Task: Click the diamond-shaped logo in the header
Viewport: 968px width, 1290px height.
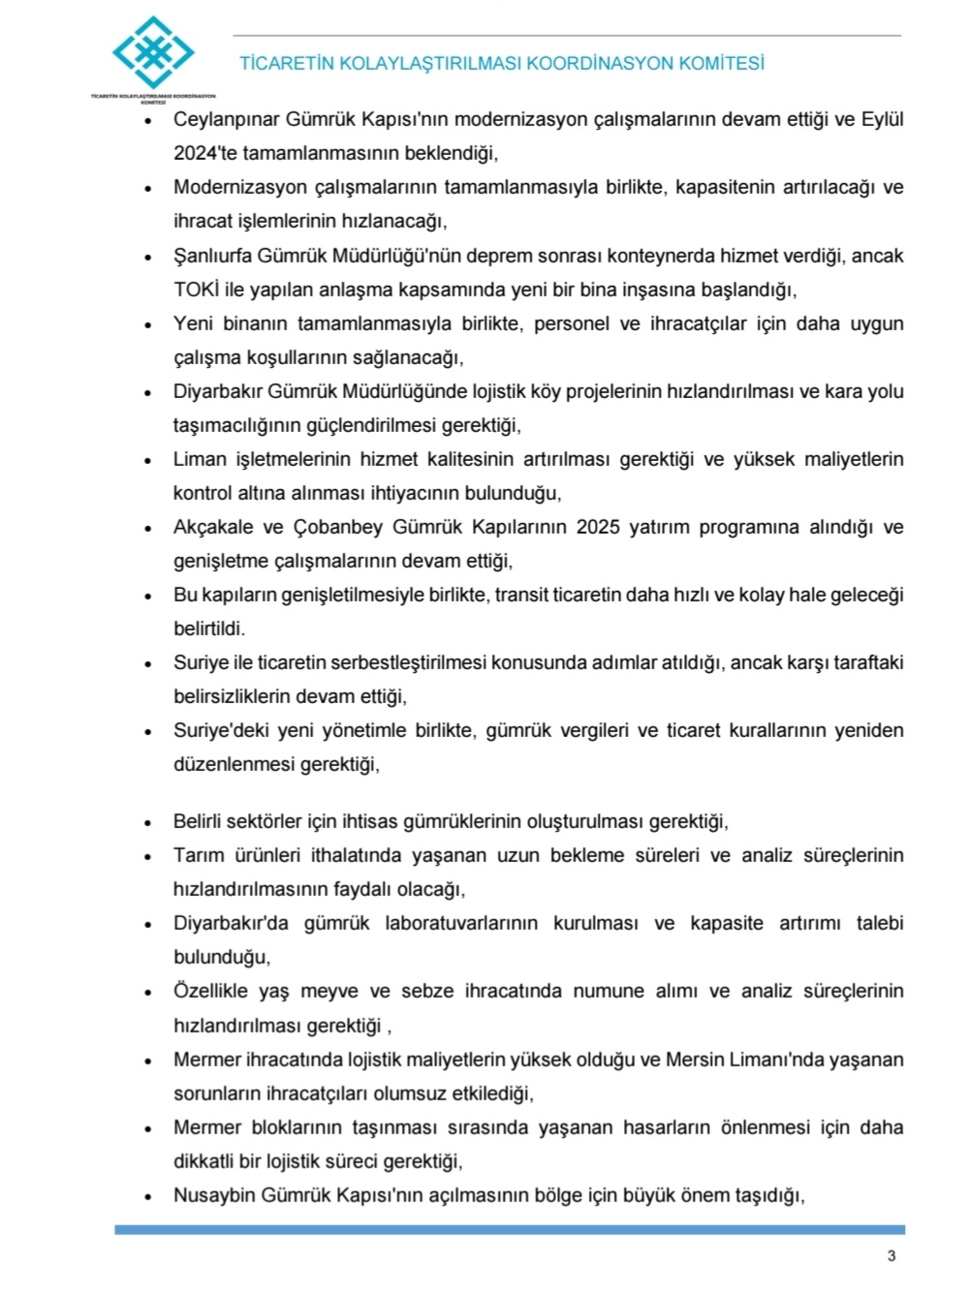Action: tap(153, 52)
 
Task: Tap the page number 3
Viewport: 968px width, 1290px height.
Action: tap(891, 1256)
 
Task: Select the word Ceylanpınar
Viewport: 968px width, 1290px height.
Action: tap(227, 120)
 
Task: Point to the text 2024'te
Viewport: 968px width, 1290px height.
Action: tap(205, 153)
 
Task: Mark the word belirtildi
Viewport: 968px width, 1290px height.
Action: tap(209, 629)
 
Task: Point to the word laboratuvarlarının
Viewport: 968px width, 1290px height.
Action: tap(461, 923)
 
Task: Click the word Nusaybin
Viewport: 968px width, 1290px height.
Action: tap(216, 1195)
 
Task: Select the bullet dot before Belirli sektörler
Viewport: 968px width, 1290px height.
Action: tap(148, 823)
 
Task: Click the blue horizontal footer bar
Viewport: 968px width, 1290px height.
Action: tap(510, 1230)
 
